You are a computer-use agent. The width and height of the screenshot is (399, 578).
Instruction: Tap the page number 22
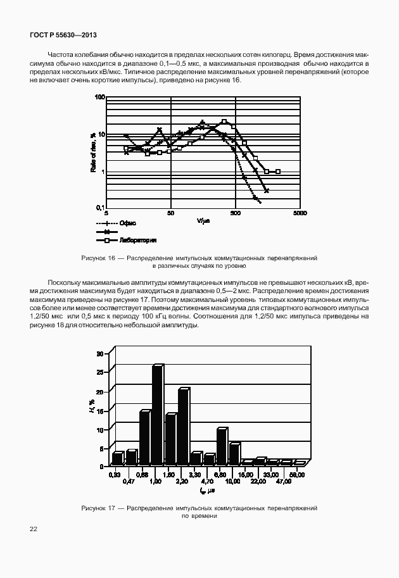(x=33, y=528)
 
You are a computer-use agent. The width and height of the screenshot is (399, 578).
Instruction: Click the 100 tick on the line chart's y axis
(x=99, y=97)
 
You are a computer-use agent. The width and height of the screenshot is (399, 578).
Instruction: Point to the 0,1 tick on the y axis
(x=99, y=208)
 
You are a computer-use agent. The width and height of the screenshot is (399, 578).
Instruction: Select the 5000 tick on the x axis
(x=300, y=213)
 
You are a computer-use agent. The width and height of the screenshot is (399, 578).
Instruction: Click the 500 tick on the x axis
(x=235, y=213)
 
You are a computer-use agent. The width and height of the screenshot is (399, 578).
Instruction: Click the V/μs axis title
(x=203, y=221)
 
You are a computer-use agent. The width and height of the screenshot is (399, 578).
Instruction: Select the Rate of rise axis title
(x=92, y=153)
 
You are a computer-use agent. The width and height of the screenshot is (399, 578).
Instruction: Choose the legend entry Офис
(x=128, y=223)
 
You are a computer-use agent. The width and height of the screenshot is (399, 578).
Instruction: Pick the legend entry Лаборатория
(x=137, y=241)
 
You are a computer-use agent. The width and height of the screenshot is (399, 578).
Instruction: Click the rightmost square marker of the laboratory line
(x=278, y=172)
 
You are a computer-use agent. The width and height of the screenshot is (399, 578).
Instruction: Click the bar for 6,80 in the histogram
(x=221, y=447)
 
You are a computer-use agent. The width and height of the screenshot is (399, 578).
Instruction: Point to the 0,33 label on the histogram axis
(x=115, y=474)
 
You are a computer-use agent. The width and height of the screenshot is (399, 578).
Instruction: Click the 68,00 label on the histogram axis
(x=297, y=474)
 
